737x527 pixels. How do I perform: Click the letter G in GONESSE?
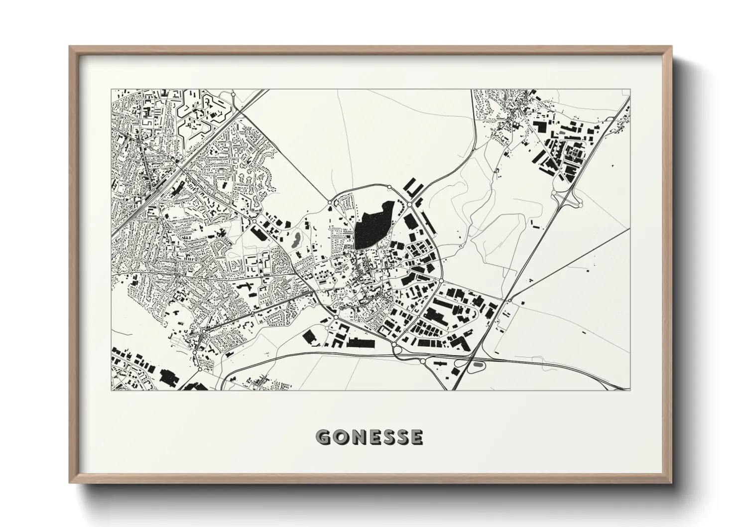pos(324,437)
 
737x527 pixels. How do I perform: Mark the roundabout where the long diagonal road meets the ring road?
pos(330,203)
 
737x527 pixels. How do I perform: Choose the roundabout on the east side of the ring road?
pos(441,281)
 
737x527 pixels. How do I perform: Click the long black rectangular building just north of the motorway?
pos(363,342)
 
